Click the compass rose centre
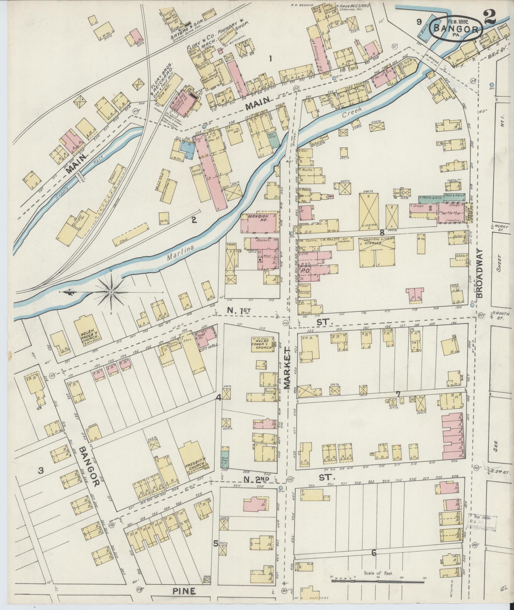[x=112, y=292]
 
